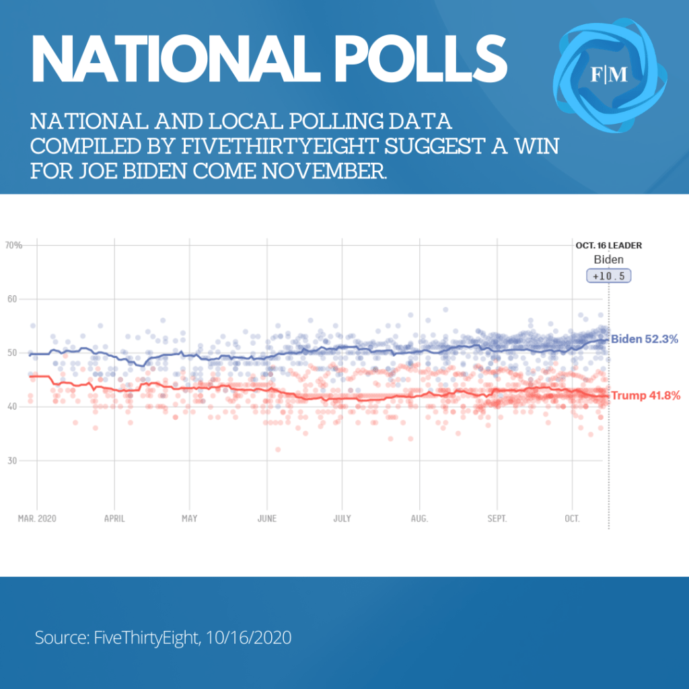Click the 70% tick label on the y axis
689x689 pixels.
14,245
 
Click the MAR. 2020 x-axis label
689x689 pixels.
37,518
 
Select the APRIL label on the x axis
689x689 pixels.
114,518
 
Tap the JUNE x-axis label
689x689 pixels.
267,518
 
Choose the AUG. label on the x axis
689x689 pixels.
419,518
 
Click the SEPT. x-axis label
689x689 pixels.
497,518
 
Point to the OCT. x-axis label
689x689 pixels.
572,518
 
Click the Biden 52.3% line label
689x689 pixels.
645,340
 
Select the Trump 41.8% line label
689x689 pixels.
645,396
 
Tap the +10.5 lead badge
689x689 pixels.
608,276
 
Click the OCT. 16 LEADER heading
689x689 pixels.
608,246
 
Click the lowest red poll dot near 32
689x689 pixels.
278,449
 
